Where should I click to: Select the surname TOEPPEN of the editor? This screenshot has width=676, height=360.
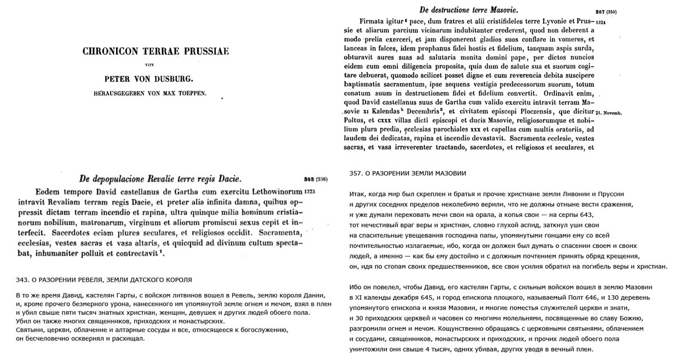coord(193,94)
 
